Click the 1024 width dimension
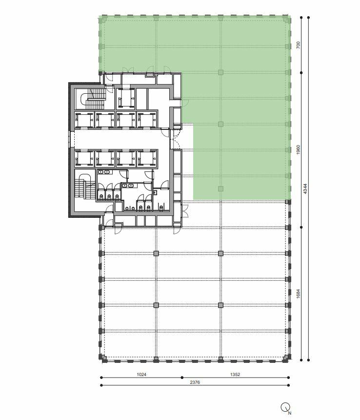pyautogui.click(x=141, y=375)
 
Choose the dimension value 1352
pyautogui.click(x=235, y=375)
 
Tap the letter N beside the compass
pyautogui.click(x=290, y=413)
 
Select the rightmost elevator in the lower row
pyautogui.click(x=147, y=158)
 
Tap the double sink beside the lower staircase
pyautogui.click(x=104, y=172)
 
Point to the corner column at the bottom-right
pyautogui.click(x=285, y=358)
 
